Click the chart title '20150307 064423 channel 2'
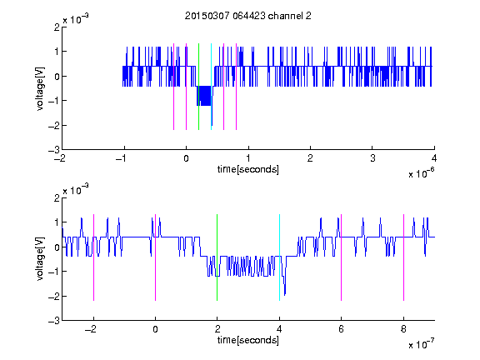(x=248, y=16)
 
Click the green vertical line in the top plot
(x=198, y=87)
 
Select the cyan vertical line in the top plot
(x=211, y=87)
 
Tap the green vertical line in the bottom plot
(x=217, y=257)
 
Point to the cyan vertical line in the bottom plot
(x=279, y=257)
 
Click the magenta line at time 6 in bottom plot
(x=342, y=257)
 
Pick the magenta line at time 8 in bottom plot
(x=404, y=257)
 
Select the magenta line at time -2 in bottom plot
(x=93, y=257)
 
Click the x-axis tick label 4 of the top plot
(x=434, y=158)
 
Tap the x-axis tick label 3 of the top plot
(x=372, y=158)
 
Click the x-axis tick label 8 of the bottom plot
(x=403, y=329)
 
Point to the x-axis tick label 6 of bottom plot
(x=342, y=329)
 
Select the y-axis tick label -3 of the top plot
(x=54, y=150)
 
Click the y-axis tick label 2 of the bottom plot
(x=57, y=198)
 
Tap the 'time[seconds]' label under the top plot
(x=248, y=169)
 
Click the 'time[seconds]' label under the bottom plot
(x=248, y=340)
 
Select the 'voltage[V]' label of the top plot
(x=40, y=89)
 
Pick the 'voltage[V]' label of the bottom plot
(x=40, y=259)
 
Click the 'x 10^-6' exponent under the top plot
(x=421, y=173)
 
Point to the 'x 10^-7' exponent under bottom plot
(x=421, y=344)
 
